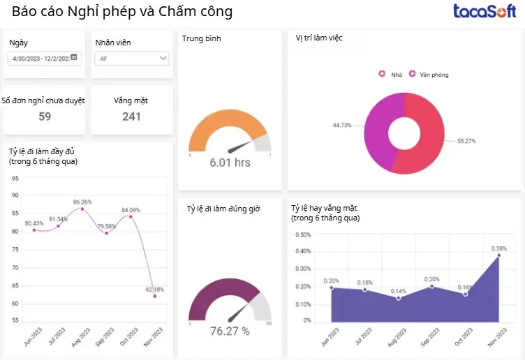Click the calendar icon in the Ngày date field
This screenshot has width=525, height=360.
[74, 58]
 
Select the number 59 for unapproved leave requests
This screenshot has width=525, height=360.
[45, 117]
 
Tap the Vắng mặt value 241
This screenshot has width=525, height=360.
[132, 117]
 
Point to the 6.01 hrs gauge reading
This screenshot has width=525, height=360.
[230, 163]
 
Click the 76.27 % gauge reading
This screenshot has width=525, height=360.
[230, 331]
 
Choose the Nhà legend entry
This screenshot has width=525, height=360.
[392, 74]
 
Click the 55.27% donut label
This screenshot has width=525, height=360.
[466, 141]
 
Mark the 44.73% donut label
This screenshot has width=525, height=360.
[342, 126]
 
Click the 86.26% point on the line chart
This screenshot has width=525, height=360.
[82, 209]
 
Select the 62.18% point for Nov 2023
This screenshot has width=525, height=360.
[155, 296]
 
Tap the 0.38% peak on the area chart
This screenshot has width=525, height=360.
[498, 255]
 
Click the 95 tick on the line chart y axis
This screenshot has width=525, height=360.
[15, 178]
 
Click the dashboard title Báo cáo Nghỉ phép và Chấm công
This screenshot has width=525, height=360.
[122, 12]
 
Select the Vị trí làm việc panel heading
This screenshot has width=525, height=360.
[319, 38]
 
